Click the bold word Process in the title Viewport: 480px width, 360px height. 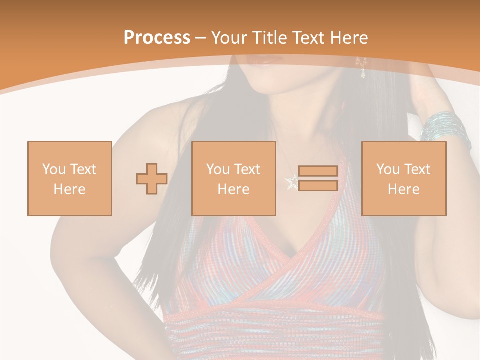[157, 38]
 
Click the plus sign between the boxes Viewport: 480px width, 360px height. [152, 179]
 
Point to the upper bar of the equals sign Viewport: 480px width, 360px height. [318, 171]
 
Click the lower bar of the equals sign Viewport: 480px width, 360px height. [318, 186]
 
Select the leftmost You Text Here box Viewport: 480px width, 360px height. [69, 178]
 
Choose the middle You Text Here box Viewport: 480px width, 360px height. [233, 178]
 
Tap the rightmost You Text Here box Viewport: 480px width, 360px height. [403, 178]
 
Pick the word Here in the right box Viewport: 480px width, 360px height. [403, 189]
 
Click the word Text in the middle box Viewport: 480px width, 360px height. [247, 169]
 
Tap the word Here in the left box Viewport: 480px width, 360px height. [69, 189]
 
